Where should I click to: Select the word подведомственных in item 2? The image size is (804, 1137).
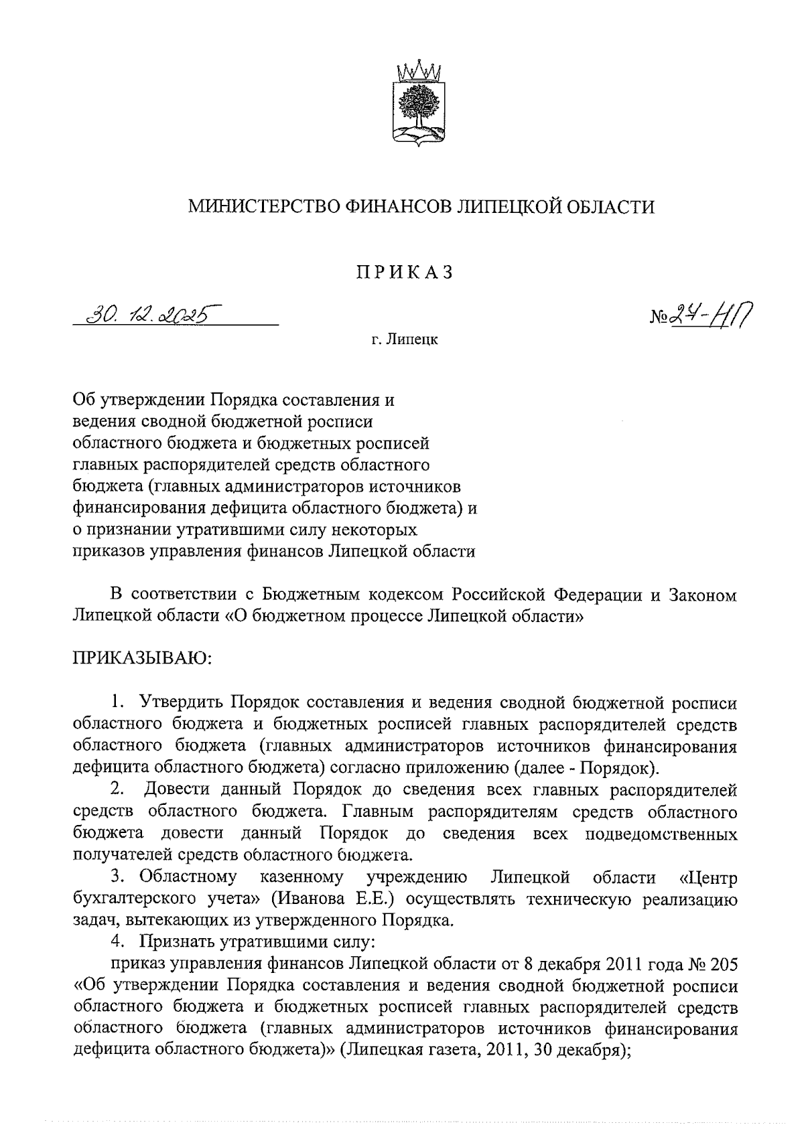point(661,834)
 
